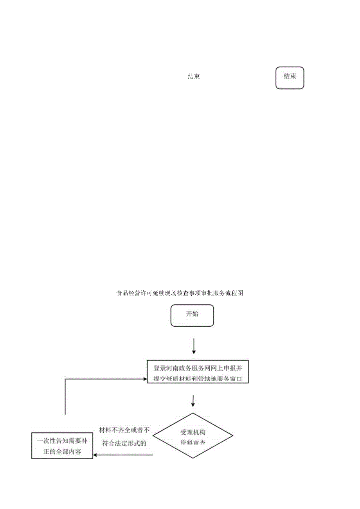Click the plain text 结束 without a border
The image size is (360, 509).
[x=194, y=77]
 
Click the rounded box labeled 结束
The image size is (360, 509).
[x=290, y=78]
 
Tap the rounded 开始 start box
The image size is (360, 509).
[x=192, y=316]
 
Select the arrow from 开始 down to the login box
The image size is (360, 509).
[x=194, y=346]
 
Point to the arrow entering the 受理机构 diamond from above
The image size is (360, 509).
[x=193, y=401]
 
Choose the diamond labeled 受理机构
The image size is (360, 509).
[x=193, y=436]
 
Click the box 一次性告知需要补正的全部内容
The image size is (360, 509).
[x=62, y=445]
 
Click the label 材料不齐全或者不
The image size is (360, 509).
[x=124, y=430]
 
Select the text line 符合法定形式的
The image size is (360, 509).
[x=124, y=443]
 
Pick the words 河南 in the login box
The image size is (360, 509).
[x=174, y=368]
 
